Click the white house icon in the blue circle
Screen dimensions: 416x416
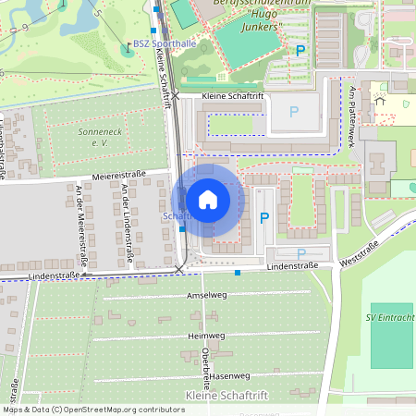[208, 200]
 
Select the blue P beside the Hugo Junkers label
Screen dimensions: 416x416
[300, 52]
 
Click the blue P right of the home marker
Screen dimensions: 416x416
[264, 218]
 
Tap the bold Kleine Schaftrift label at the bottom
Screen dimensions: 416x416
[226, 396]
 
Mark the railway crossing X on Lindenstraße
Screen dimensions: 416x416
[179, 270]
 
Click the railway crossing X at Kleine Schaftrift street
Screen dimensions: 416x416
[174, 95]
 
